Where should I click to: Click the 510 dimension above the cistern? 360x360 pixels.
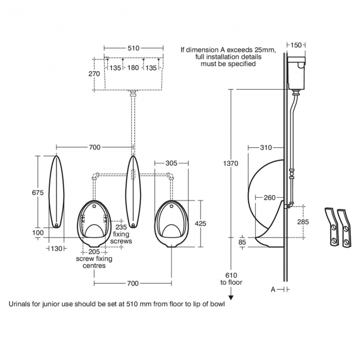click(133, 48)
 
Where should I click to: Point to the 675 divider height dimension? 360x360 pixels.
click(38, 193)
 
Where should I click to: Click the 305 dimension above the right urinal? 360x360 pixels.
click(171, 163)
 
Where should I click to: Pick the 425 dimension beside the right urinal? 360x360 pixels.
click(201, 223)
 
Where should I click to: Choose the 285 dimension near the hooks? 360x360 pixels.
click(304, 222)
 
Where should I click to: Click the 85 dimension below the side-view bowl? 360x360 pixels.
click(243, 242)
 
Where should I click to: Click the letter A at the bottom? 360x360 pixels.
click(272, 289)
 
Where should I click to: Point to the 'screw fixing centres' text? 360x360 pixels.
click(94, 262)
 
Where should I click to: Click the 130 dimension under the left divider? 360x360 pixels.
click(56, 249)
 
